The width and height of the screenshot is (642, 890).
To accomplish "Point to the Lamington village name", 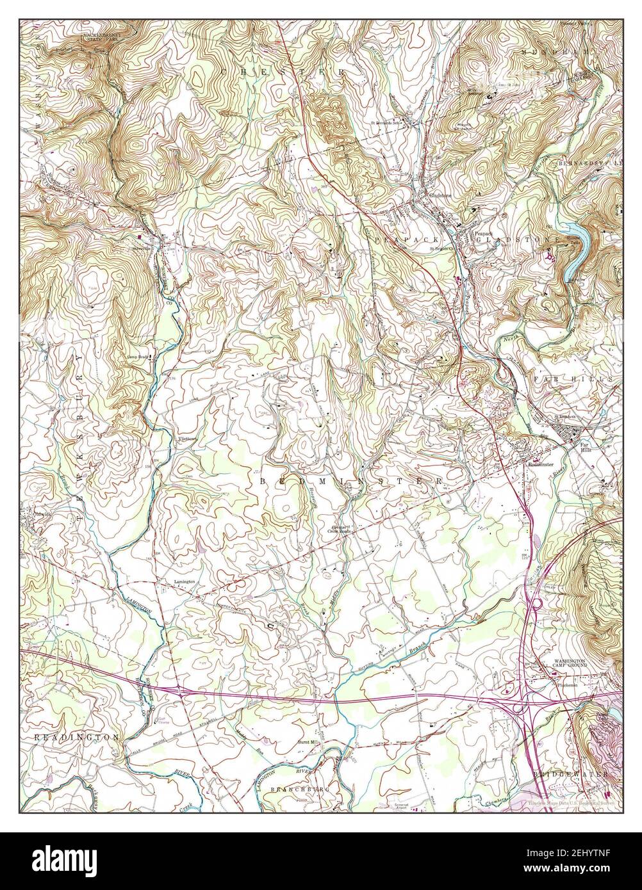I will pos(184,582).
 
